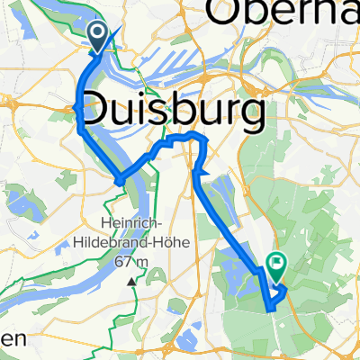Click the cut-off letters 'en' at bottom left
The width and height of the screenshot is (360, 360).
(x=11, y=340)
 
